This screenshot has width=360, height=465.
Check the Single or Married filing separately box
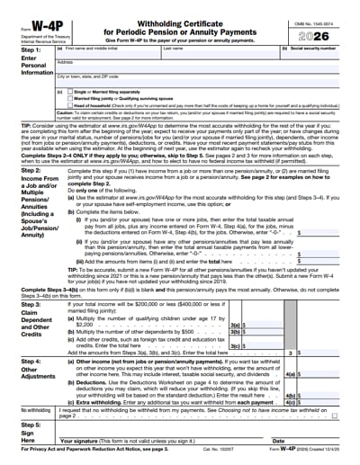pos(78,91)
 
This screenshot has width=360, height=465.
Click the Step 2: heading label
pos(20,170)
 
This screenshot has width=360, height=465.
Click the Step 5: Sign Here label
pos(20,433)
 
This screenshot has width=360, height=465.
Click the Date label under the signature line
pos(278,442)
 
